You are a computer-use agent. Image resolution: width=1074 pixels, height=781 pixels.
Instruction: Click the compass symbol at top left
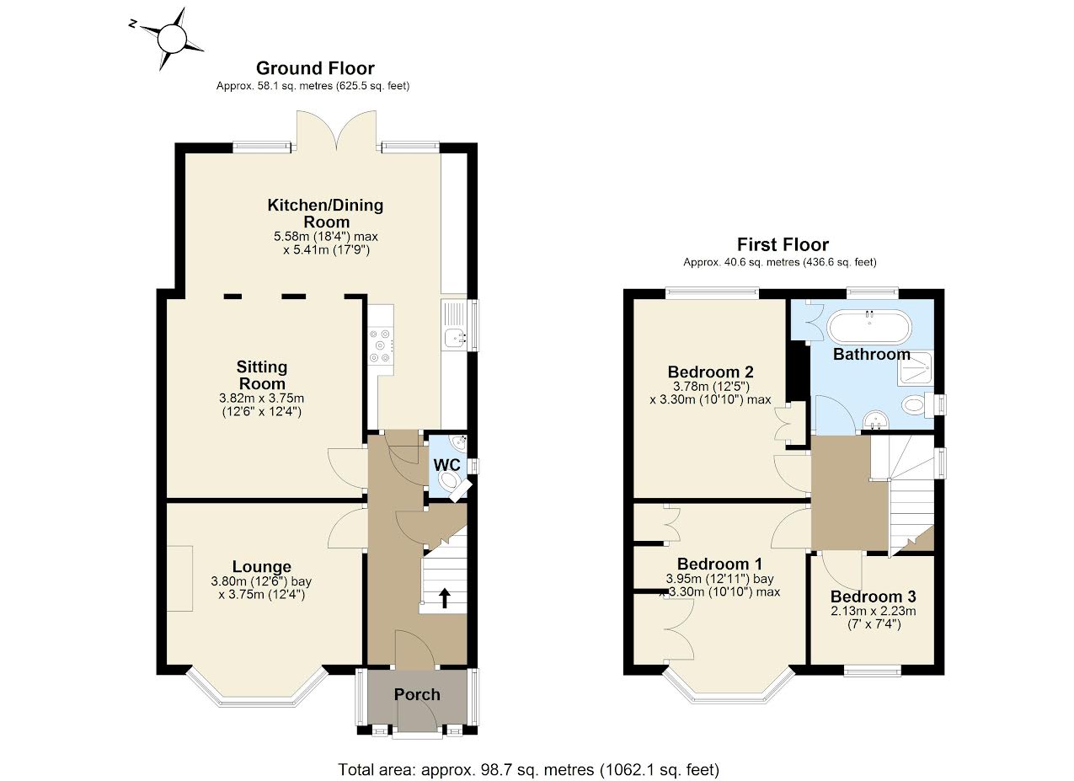171,38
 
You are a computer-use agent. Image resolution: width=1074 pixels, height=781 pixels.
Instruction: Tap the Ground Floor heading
315,68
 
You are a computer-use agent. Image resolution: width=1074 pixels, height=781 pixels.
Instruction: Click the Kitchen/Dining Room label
325,212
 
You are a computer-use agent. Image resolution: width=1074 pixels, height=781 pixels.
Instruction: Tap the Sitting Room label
262,375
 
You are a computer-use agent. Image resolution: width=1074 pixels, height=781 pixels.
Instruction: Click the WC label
446,465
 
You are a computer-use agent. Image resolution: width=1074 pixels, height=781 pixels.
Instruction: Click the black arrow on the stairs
444,597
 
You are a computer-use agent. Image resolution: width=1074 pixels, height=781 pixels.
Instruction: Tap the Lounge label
262,567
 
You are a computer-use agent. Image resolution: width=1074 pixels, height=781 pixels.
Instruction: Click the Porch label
417,694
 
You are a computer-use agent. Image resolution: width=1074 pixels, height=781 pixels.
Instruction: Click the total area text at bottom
528,768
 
